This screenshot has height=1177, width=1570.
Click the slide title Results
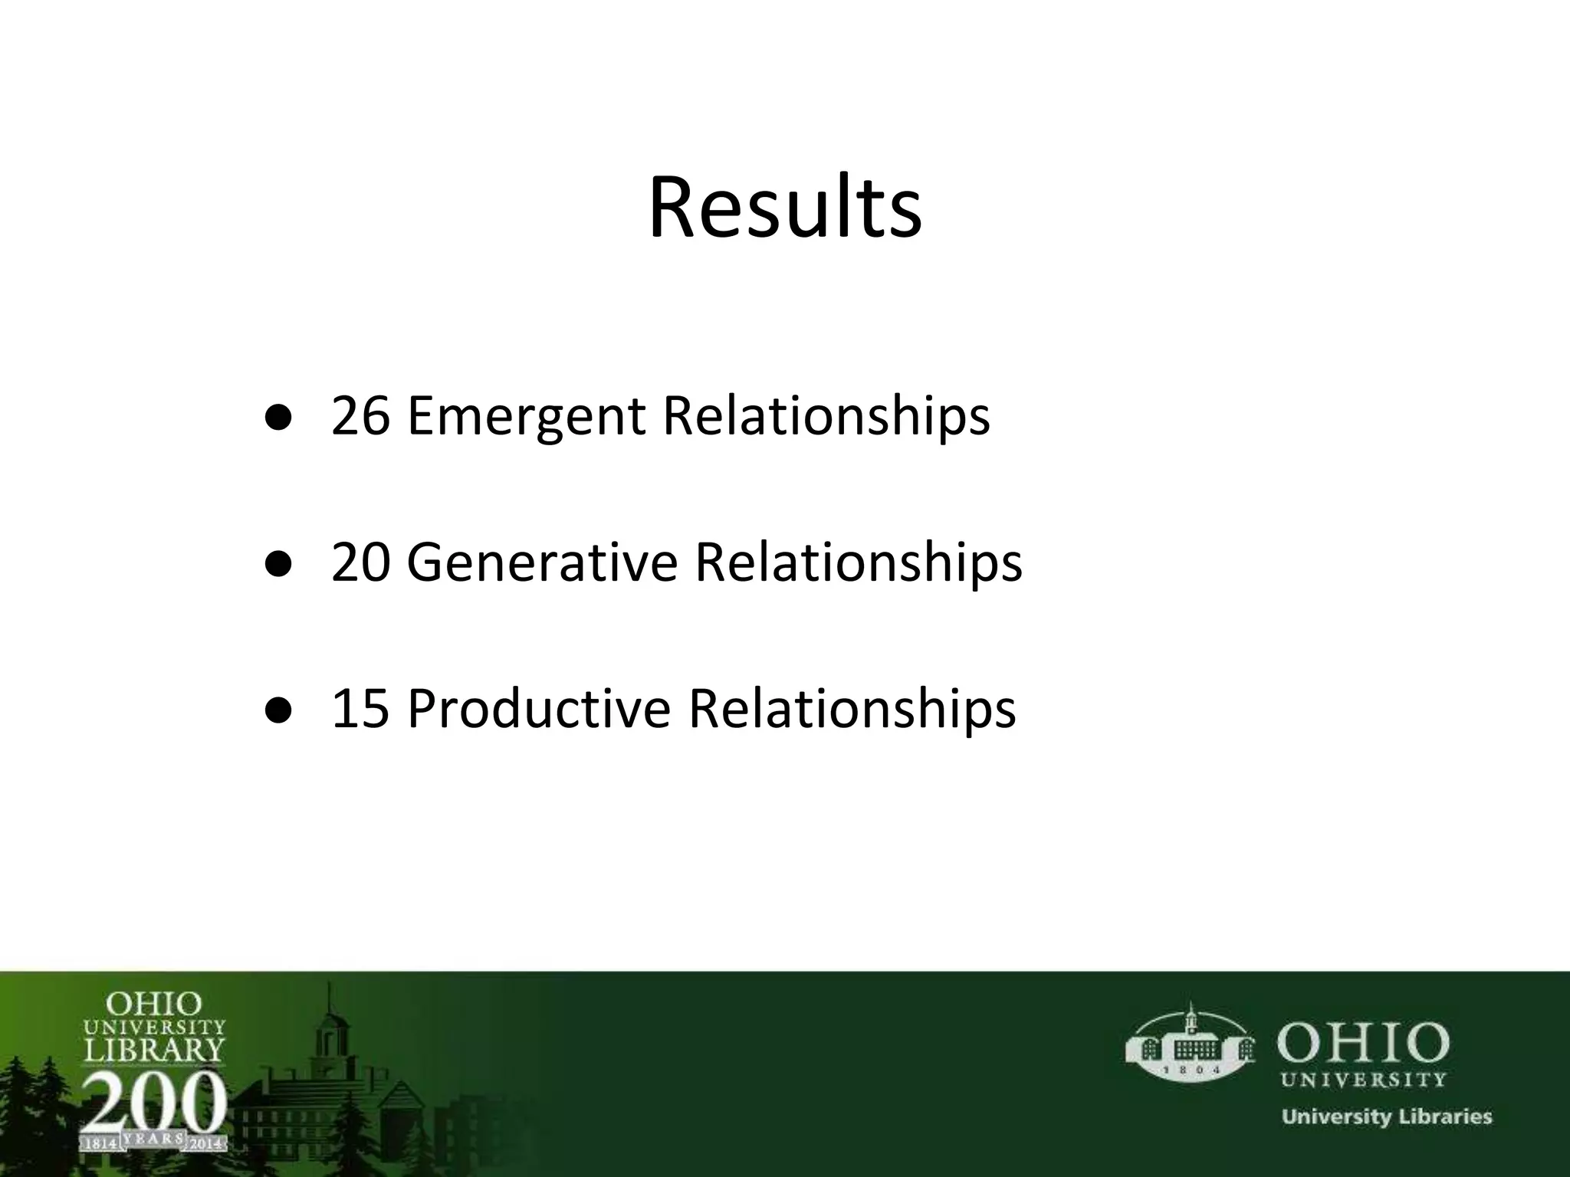click(785, 208)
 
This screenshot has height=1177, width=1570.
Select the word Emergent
click(527, 417)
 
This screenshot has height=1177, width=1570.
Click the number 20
click(360, 562)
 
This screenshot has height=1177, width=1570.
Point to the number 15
click(360, 707)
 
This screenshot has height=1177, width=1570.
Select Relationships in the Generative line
click(858, 562)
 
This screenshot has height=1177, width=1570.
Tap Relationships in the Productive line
click(852, 707)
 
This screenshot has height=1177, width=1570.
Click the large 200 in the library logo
click(154, 1102)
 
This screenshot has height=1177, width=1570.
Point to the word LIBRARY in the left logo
click(154, 1048)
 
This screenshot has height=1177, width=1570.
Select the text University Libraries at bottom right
click(1387, 1116)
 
